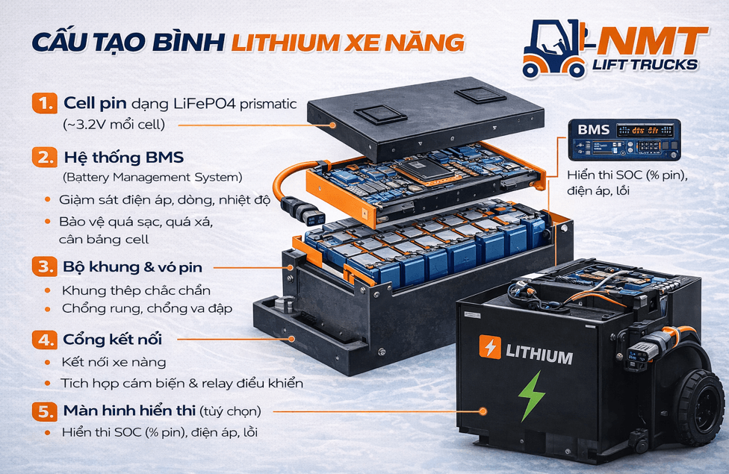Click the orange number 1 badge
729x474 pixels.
[x=44, y=102]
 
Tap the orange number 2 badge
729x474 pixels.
[x=44, y=158]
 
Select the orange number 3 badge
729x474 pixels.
[x=44, y=266]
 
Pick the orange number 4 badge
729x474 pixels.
[x=44, y=340]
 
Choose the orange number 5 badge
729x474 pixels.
[x=44, y=411]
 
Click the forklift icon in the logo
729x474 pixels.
[x=554, y=49]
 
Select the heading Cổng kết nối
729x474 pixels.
[x=111, y=340]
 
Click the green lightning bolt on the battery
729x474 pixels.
[x=532, y=396]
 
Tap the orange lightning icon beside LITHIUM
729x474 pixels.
[x=490, y=348]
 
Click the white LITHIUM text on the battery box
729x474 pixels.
[x=539, y=356]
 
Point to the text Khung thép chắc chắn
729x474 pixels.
[x=136, y=290]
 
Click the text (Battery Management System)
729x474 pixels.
[x=152, y=178]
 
